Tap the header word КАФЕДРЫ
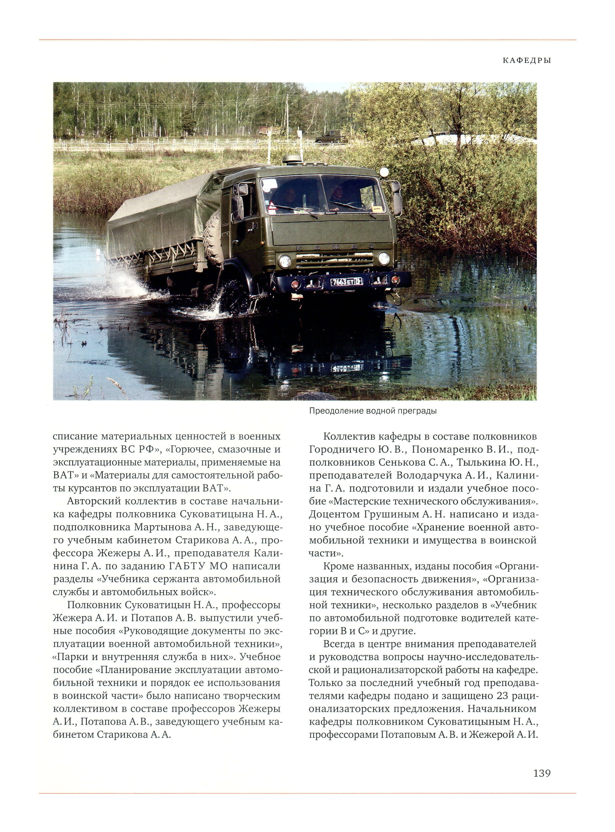(527, 60)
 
